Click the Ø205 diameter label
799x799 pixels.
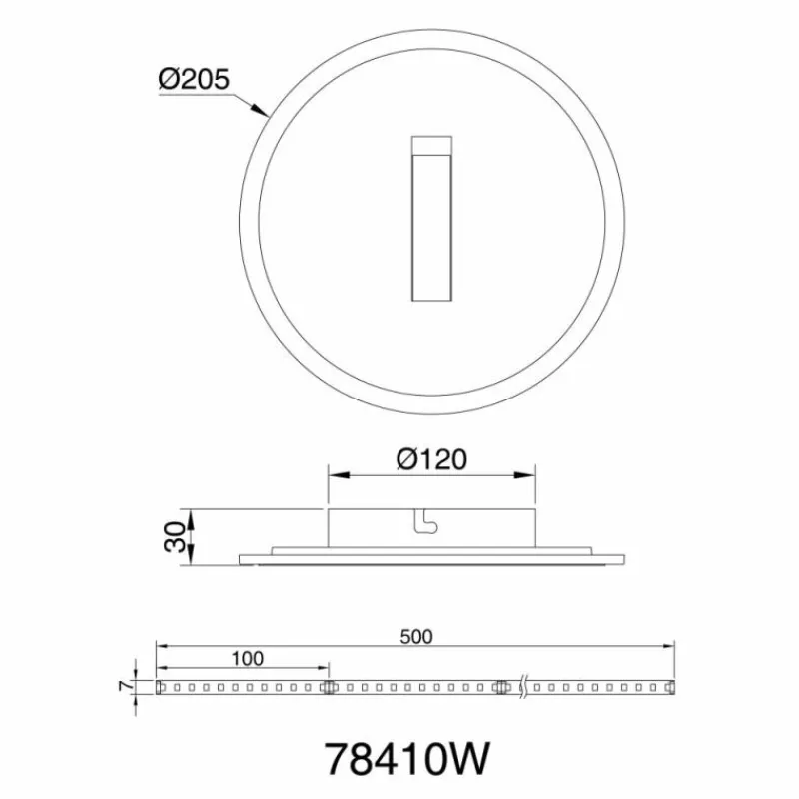click(194, 80)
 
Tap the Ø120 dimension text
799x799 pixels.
click(431, 459)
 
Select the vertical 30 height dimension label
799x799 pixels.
click(175, 537)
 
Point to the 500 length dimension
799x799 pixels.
click(416, 637)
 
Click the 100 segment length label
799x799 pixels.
click(248, 659)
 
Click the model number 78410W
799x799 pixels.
click(406, 759)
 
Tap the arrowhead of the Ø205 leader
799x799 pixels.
click(260, 110)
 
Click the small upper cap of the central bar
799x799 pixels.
click(431, 145)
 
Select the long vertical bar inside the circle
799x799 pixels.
click(431, 228)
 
